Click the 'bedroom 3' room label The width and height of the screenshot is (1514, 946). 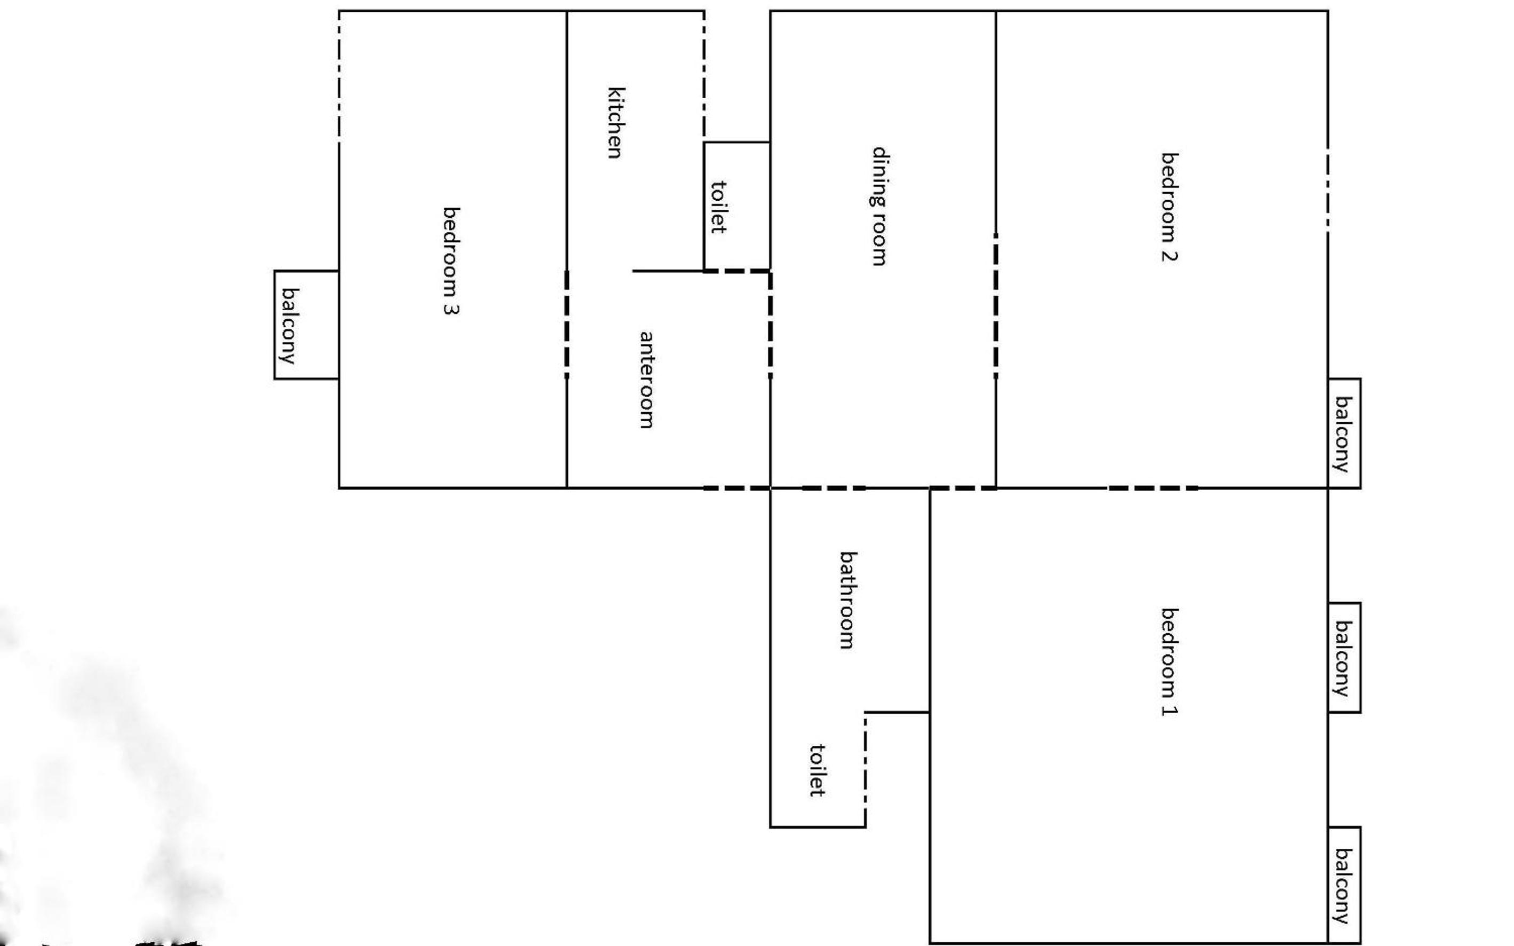point(451,261)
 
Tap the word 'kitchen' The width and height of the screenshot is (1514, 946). point(616,123)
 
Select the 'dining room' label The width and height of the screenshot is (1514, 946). point(880,207)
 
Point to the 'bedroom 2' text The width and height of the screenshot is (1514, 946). point(1169,207)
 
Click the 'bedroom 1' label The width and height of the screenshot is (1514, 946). point(1169,662)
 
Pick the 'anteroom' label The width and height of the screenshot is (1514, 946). point(647,380)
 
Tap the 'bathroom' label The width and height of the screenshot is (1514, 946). point(847,601)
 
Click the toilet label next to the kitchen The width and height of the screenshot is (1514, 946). point(719,207)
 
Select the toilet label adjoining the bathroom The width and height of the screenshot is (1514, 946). point(817,770)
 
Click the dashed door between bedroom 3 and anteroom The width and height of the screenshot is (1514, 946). point(567,324)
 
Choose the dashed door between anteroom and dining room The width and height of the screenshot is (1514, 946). point(770,324)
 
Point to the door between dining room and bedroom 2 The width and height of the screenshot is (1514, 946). point(996,305)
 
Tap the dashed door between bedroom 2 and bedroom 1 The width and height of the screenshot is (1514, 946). point(1153,488)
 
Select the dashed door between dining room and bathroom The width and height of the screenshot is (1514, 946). point(834,488)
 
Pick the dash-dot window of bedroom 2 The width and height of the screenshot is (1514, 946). point(1328,190)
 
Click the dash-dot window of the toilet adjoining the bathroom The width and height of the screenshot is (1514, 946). point(866,770)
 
